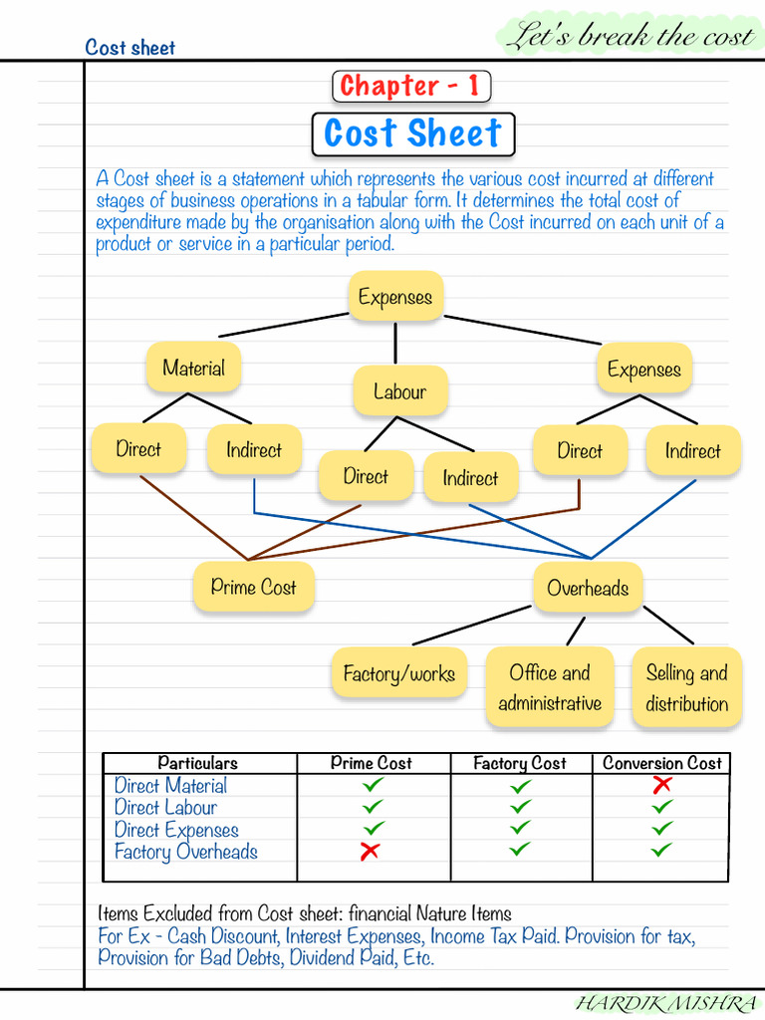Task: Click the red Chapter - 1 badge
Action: pyautogui.click(x=410, y=87)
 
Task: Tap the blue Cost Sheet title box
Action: pyautogui.click(x=412, y=134)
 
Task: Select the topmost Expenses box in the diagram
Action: pyautogui.click(x=395, y=297)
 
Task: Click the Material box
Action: pyautogui.click(x=193, y=368)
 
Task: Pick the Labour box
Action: pyautogui.click(x=399, y=391)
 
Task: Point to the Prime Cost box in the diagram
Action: pyautogui.click(x=253, y=588)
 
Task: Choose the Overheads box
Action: pyautogui.click(x=588, y=588)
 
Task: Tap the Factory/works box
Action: pyautogui.click(x=398, y=673)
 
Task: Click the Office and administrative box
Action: pyautogui.click(x=550, y=687)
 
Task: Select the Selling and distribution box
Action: pyautogui.click(x=686, y=687)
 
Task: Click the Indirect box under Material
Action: pyautogui.click(x=254, y=449)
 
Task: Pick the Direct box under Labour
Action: pyautogui.click(x=366, y=476)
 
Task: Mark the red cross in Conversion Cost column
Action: pyautogui.click(x=661, y=785)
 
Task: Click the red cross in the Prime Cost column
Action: pyautogui.click(x=371, y=852)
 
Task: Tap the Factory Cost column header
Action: pyautogui.click(x=519, y=763)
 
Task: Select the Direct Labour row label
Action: pyautogui.click(x=165, y=808)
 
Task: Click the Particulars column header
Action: pyautogui.click(x=197, y=763)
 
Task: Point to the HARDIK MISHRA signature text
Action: pyautogui.click(x=665, y=1004)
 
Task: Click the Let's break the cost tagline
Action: pyautogui.click(x=629, y=38)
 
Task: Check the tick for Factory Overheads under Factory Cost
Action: pyautogui.click(x=520, y=850)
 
